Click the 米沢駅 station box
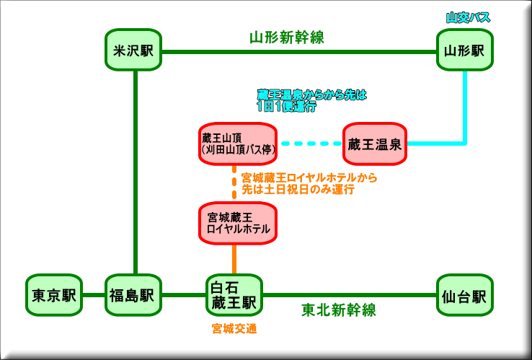pyautogui.click(x=133, y=51)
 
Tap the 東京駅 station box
pyautogui.click(x=54, y=295)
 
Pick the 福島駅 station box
pyautogui.click(x=133, y=295)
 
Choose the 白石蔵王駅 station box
pyautogui.click(x=234, y=295)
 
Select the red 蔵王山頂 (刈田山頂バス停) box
pyautogui.click(x=238, y=144)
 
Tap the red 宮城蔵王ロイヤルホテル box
pyautogui.click(x=238, y=222)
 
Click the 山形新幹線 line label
pyautogui.click(x=286, y=38)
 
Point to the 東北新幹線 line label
pyautogui.click(x=338, y=310)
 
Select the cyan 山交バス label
pyautogui.click(x=468, y=17)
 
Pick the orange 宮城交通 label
pyautogui.click(x=234, y=329)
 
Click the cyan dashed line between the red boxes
pyautogui.click(x=310, y=144)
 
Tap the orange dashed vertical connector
pyautogui.click(x=235, y=183)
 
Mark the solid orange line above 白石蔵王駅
pyautogui.click(x=234, y=258)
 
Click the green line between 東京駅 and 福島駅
pyautogui.click(x=94, y=295)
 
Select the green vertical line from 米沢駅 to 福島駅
pyautogui.click(x=134, y=173)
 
